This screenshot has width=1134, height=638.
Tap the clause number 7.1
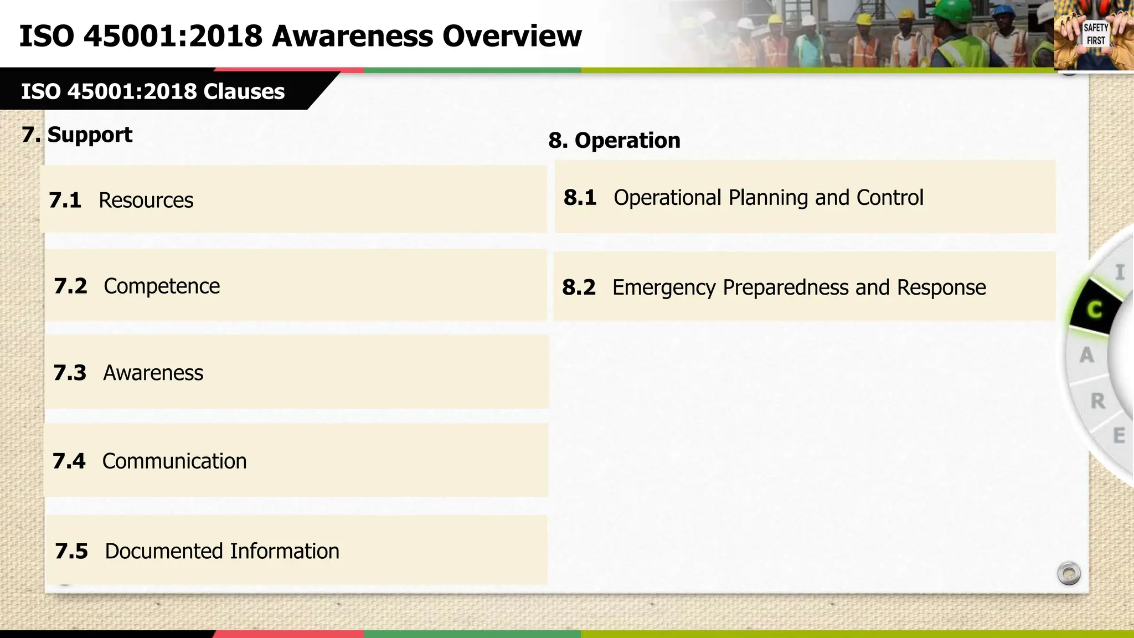(x=65, y=200)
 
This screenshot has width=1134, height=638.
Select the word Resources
(x=146, y=200)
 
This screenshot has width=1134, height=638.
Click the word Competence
(x=161, y=286)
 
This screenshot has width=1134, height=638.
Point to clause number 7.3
(x=70, y=373)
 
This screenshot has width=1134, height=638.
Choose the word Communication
(x=174, y=461)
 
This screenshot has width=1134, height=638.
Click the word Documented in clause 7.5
(x=163, y=551)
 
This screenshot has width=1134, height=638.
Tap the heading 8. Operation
(x=614, y=141)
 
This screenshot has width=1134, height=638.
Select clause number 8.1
(x=580, y=198)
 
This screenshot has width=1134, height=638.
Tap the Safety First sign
(x=1095, y=34)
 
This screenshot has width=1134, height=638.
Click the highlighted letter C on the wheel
(x=1094, y=310)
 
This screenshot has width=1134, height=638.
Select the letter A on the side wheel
(x=1086, y=355)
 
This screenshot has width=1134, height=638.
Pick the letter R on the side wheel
(x=1097, y=401)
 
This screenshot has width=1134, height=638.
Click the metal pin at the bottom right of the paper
(x=1069, y=573)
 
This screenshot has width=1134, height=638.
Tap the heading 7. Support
(x=77, y=135)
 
